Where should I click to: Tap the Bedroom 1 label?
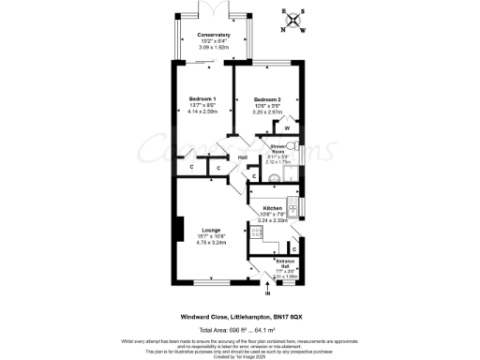click(x=202, y=99)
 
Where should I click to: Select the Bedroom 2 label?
click(x=267, y=99)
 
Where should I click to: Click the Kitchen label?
click(x=272, y=207)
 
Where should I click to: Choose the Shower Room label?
click(x=278, y=149)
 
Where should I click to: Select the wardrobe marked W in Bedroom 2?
click(x=286, y=127)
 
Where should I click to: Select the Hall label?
click(x=243, y=157)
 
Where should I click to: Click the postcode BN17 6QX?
click(x=307, y=317)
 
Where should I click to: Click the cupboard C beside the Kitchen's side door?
click(x=293, y=248)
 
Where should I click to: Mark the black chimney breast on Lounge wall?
click(x=175, y=230)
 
